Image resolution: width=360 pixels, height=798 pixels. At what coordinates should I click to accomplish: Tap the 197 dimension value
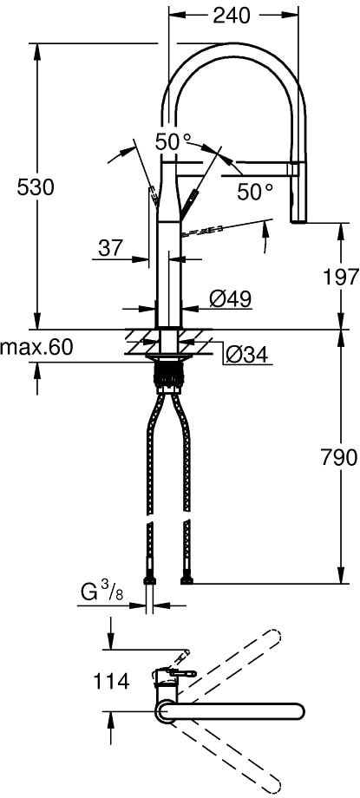[x=340, y=277]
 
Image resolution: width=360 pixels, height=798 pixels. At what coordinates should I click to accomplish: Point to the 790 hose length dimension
[x=339, y=457]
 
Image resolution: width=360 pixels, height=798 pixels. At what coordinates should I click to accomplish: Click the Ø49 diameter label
[x=230, y=298]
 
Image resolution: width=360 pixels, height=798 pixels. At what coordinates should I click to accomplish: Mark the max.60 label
[x=36, y=348]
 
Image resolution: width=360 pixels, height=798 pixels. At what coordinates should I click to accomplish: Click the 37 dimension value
[x=110, y=248]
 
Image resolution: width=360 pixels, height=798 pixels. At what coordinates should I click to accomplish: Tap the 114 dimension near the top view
[x=113, y=682]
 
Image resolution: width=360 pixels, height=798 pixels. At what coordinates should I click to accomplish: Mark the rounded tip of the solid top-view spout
[x=297, y=712]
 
